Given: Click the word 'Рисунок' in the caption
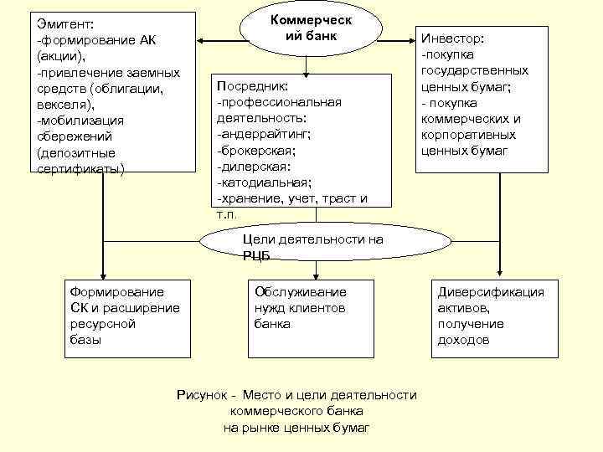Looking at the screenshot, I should tap(200, 395).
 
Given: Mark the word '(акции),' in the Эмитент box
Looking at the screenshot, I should tap(61, 56).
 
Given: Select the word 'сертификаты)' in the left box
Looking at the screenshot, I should tap(80, 167).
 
